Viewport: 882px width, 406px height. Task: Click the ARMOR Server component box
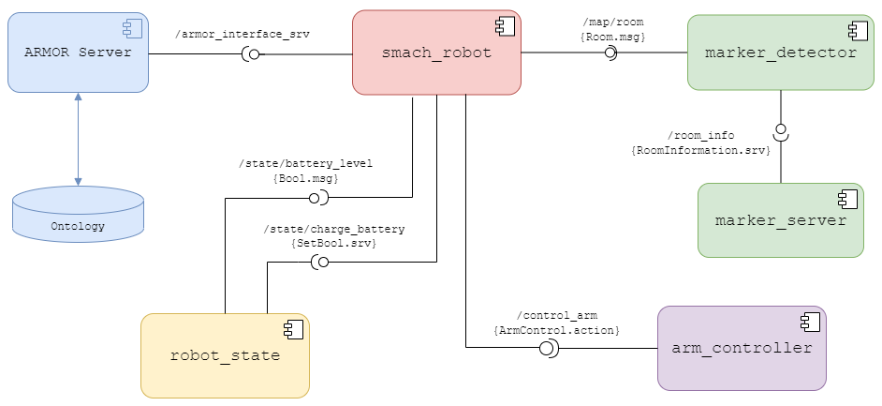[78, 53]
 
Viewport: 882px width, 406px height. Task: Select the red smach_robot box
[436, 53]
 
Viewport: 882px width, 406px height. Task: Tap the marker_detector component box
[780, 53]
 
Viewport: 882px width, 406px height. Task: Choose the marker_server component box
[780, 220]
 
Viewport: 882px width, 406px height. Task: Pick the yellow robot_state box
[225, 355]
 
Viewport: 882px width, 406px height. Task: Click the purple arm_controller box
[742, 348]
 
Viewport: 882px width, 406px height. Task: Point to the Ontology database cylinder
[78, 214]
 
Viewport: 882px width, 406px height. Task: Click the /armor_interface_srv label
[243, 34]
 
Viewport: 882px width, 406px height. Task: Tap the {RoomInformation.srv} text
[701, 150]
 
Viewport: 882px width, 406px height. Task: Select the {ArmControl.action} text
[556, 330]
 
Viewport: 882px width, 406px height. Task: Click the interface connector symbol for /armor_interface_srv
[251, 53]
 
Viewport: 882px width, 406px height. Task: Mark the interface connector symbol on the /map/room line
[610, 53]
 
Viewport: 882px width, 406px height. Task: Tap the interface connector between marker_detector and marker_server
[780, 132]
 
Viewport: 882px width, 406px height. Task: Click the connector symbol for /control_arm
[549, 349]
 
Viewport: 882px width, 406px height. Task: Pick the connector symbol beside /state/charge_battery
[319, 263]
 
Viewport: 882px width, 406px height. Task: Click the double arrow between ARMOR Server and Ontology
[78, 139]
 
